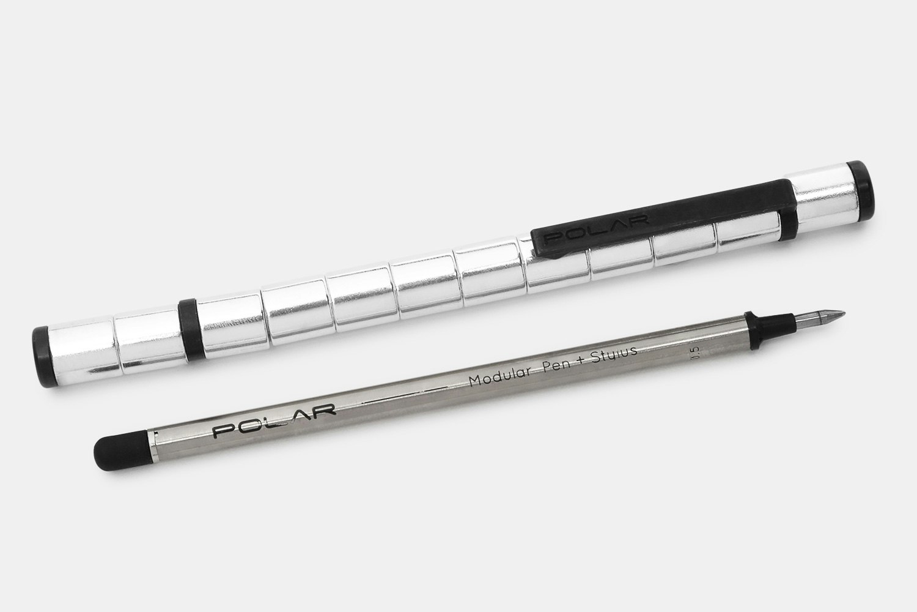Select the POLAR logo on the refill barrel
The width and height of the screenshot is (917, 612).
click(273, 420)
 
